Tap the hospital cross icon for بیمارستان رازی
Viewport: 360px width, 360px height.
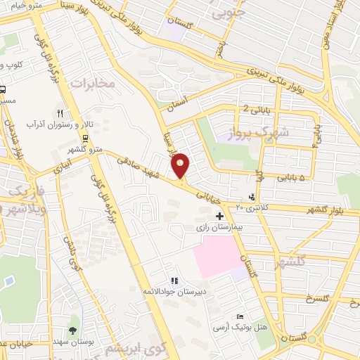(220, 216)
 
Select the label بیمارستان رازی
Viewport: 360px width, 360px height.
(219, 229)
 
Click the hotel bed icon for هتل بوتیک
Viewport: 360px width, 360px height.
(240, 316)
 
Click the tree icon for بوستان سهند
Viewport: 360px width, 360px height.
(72, 330)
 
